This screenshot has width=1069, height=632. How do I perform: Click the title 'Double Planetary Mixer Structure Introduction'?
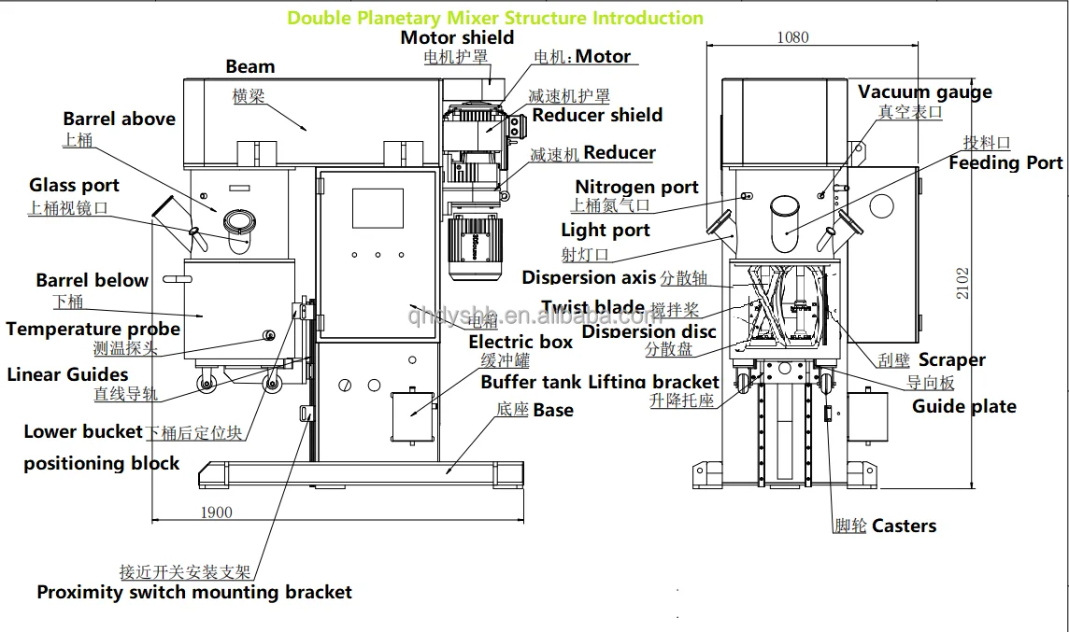pos(495,18)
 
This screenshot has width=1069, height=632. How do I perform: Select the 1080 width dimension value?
pos(793,37)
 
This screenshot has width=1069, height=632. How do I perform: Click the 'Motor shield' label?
pos(457,37)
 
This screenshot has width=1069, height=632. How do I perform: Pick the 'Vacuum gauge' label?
pos(924,91)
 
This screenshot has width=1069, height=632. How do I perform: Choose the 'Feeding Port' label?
pos(1005,163)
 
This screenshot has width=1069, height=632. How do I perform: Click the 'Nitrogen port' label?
pos(636,188)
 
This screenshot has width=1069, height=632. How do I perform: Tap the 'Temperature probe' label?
pos(93,329)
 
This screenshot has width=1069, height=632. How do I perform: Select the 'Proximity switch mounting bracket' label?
pos(194,592)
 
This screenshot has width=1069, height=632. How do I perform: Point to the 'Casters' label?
pos(904,526)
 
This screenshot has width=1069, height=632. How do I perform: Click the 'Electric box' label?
pos(520,343)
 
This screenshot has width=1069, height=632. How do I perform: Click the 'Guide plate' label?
pos(963,406)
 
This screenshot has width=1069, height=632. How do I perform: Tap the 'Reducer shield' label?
pos(597,115)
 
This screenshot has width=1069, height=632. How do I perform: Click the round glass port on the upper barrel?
pos(238,221)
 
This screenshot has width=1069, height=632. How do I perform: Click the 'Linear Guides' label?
pos(67,374)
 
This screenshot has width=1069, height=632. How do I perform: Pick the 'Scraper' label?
pos(951,359)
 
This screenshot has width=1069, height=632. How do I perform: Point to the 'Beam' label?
pos(250,66)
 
